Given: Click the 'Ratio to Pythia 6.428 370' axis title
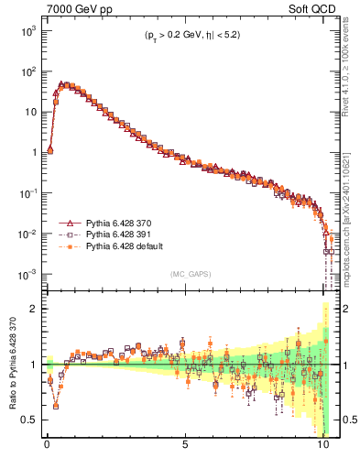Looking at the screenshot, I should tap(11, 364).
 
